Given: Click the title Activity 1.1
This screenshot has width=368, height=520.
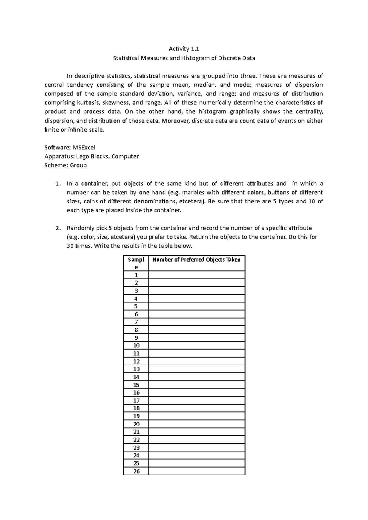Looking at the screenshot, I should click(184, 49).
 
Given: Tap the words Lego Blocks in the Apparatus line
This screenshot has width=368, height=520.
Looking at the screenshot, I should click(93, 156).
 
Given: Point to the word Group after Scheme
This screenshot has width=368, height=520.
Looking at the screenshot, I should click(78, 165).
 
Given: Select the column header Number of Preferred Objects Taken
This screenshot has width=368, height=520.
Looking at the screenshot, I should click(196, 260).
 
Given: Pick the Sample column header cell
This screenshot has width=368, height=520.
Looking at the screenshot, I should click(136, 263).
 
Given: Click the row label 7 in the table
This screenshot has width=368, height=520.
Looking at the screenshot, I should click(136, 322).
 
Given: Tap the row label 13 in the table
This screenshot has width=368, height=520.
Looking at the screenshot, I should click(136, 369).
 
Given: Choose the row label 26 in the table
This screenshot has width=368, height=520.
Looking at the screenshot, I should click(136, 471).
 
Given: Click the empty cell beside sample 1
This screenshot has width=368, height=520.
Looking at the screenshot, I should click(197, 275).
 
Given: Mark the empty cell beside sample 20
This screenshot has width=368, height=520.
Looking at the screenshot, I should click(197, 424).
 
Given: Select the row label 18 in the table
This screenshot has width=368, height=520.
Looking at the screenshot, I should click(136, 408).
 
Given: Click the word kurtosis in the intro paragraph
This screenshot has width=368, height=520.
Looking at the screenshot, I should click(80, 103).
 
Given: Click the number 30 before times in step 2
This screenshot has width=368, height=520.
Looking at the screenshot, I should click(70, 246).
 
